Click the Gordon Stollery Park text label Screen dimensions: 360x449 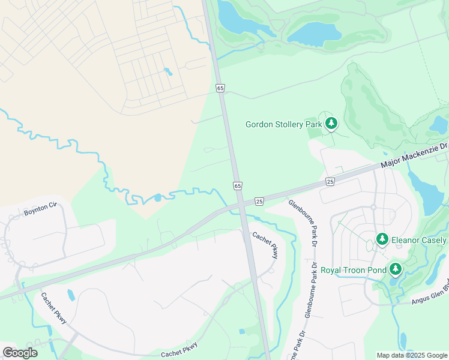284,124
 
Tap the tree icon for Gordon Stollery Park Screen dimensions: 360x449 331,124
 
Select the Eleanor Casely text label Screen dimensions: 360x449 419,240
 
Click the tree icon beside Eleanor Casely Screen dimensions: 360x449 382,239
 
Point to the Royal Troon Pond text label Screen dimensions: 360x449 354,269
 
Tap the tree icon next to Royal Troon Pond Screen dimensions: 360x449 395,269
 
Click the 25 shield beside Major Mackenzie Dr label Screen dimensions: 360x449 330,181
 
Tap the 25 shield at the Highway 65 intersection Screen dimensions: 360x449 259,201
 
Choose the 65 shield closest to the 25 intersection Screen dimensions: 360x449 238,186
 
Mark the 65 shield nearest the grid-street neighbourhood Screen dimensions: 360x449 220,88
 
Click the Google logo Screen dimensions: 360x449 20,352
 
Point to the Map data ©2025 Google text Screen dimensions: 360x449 412,355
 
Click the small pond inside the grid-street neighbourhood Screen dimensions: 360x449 167,71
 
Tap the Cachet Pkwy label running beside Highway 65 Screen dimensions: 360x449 265,245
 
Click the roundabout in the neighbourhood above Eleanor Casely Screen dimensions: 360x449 373,207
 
